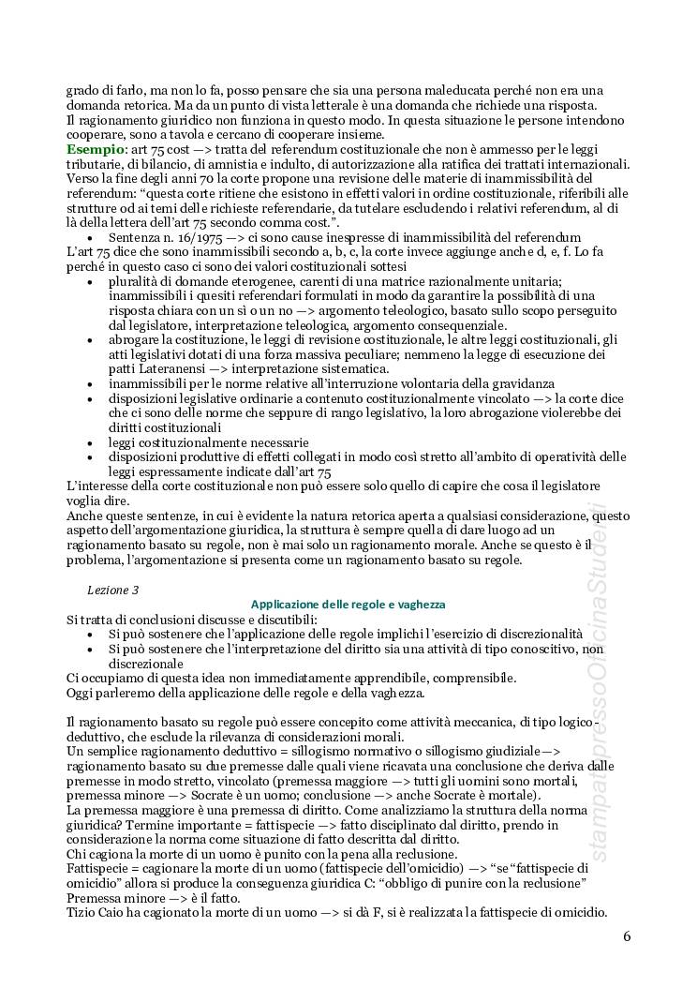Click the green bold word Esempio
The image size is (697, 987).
pos(93,150)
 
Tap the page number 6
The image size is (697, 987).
pos(627,936)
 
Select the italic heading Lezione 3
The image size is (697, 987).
pos(113,590)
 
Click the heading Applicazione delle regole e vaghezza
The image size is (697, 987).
pos(348,606)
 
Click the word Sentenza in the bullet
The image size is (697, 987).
pos(135,237)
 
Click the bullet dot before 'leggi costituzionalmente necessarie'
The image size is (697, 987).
pos(89,442)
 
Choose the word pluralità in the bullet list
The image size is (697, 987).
pos(137,281)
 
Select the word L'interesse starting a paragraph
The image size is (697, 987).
pos(102,486)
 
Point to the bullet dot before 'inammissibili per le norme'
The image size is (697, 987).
pos(89,384)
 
